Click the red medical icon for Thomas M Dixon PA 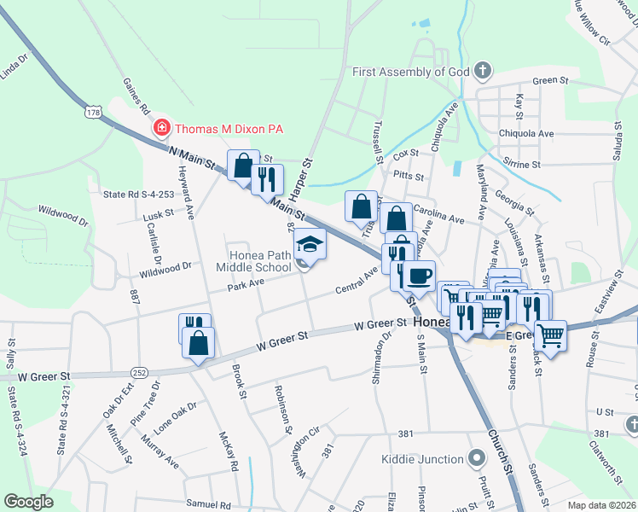pyautogui.click(x=160, y=129)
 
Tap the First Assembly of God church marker pyautogui.click(x=483, y=72)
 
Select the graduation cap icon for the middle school pyautogui.click(x=310, y=244)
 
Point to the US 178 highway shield pyautogui.click(x=94, y=111)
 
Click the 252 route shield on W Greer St pyautogui.click(x=138, y=372)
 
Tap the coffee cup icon pyautogui.click(x=419, y=276)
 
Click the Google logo pyautogui.click(x=29, y=502)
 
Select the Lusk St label pyautogui.click(x=159, y=214)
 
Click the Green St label pyautogui.click(x=550, y=80)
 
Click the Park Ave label pyautogui.click(x=246, y=282)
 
